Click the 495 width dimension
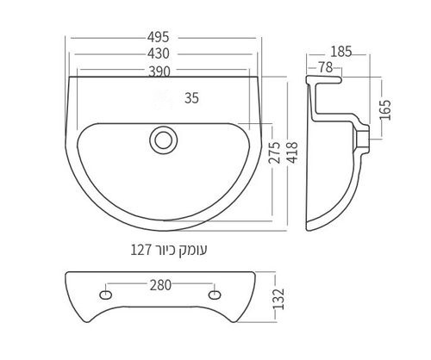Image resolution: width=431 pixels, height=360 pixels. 159,37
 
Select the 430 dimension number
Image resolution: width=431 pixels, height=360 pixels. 159,53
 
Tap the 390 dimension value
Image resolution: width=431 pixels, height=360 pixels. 159,71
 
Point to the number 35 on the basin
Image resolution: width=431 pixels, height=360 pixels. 191,98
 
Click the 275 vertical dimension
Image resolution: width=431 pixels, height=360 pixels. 274,152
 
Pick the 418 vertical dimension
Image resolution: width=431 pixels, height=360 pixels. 293,152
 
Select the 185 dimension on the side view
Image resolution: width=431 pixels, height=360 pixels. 341,52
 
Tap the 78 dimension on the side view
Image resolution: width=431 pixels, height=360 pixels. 326,67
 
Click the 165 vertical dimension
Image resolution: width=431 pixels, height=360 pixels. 385,110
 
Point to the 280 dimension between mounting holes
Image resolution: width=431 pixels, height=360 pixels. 160,285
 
